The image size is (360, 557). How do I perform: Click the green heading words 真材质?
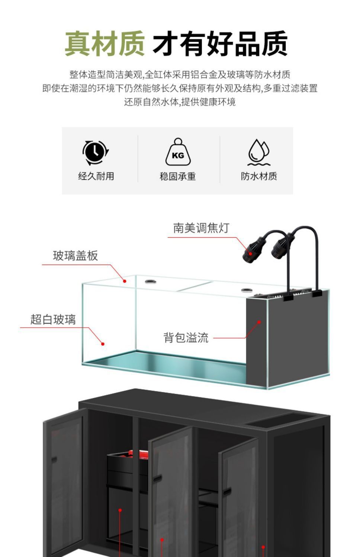[x=105, y=44]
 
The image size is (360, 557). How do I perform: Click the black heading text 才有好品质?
[x=220, y=44]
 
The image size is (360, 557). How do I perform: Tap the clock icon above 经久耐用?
[x=96, y=152]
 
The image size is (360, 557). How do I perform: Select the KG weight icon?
[x=178, y=152]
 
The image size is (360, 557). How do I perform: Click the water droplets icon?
[x=259, y=152]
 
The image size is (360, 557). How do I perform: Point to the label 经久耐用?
[x=96, y=176]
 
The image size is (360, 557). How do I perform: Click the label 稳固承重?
[x=178, y=176]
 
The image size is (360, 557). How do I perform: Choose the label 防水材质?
[x=259, y=176]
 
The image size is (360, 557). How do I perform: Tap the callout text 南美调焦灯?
[x=201, y=228]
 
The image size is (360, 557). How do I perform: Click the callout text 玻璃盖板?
[x=75, y=256]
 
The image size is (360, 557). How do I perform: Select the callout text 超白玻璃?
[x=53, y=319]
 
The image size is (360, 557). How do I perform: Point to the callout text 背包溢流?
[x=186, y=338]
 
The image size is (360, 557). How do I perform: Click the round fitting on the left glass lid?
[x=150, y=281]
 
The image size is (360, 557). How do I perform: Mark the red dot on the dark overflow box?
[x=259, y=322]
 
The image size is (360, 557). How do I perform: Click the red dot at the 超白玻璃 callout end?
[x=103, y=344]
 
